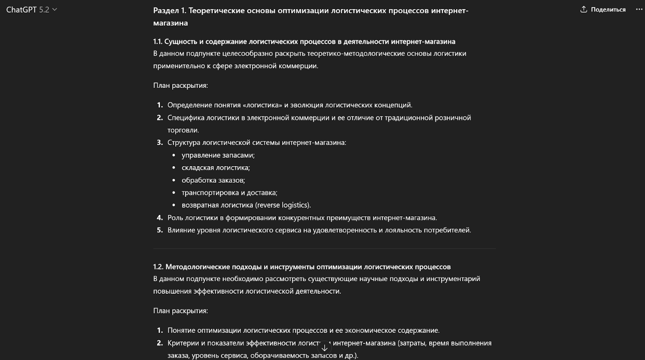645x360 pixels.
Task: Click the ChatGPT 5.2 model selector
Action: (32, 10)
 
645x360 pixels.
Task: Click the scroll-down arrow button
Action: (324, 347)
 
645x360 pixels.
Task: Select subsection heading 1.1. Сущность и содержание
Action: (304, 41)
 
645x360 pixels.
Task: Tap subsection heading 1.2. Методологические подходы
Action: (302, 267)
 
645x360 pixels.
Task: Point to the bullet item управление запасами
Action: (218, 155)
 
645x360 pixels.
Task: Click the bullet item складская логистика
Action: (215, 168)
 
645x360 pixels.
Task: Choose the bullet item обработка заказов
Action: (213, 180)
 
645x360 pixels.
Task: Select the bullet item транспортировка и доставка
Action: (229, 192)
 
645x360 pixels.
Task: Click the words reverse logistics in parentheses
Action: (283, 205)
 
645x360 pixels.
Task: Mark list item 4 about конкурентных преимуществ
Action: (302, 217)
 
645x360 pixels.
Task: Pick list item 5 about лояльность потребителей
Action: (319, 230)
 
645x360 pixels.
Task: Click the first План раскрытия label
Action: (180, 85)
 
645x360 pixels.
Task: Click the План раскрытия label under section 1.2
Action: (180, 311)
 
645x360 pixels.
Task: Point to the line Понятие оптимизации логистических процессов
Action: (303, 330)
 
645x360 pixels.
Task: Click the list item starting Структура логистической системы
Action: (256, 143)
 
